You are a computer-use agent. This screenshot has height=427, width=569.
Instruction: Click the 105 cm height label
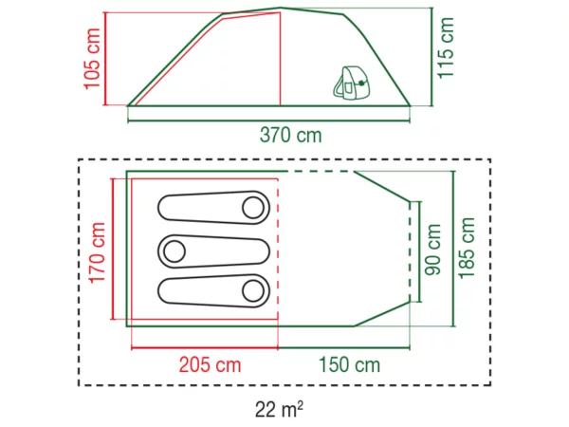[92, 59]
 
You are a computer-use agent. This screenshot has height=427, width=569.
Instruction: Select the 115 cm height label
[446, 47]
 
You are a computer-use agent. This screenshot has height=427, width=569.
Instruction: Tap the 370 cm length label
[291, 135]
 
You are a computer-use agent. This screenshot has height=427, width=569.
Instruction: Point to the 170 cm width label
[97, 252]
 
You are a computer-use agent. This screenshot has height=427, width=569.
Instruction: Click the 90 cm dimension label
[432, 250]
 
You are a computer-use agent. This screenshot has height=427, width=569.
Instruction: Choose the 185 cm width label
[467, 249]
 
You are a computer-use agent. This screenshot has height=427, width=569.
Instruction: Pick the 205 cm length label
[211, 364]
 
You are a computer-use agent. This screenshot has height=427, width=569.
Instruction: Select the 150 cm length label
[349, 364]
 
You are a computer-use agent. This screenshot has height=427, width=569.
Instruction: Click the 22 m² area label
[279, 409]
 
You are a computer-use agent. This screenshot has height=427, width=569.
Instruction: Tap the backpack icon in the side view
[351, 83]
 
